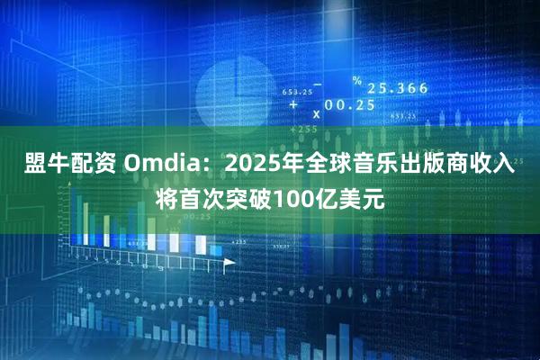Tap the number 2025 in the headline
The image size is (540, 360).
pyautogui.click(x=255, y=166)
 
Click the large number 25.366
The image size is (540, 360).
pyautogui.click(x=396, y=88)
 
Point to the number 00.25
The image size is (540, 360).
pyautogui.click(x=350, y=104)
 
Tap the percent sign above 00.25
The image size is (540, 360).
pyautogui.click(x=356, y=82)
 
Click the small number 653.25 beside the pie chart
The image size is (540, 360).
pyautogui.click(x=297, y=92)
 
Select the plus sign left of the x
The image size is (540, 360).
pyautogui.click(x=294, y=104)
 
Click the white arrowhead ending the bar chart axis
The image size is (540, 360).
pyautogui.click(x=229, y=262)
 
